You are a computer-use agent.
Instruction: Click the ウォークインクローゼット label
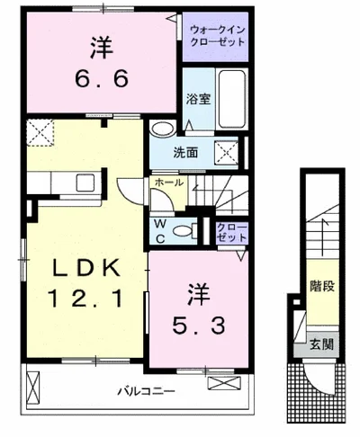click(x=218, y=36)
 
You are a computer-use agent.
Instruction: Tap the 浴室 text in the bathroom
click(x=199, y=99)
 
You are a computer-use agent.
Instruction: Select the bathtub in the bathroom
click(x=232, y=99)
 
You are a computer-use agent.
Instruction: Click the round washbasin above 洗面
click(x=163, y=129)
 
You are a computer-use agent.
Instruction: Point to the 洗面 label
click(x=185, y=153)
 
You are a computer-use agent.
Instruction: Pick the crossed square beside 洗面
click(x=226, y=153)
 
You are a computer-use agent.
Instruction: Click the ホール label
click(x=169, y=183)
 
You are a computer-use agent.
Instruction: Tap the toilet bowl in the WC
click(x=184, y=231)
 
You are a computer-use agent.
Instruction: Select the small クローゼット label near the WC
click(x=232, y=232)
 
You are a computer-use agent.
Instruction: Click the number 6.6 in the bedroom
click(x=102, y=78)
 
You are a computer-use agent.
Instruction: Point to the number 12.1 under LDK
click(x=85, y=299)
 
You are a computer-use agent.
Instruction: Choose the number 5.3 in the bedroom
click(x=199, y=326)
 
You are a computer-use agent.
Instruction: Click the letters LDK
click(x=86, y=267)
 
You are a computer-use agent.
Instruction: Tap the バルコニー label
click(x=146, y=391)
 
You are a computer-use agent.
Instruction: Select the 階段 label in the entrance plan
click(x=322, y=286)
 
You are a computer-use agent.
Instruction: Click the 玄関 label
click(x=321, y=344)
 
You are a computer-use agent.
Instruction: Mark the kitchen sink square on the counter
click(x=85, y=183)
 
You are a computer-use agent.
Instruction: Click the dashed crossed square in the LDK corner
click(x=40, y=133)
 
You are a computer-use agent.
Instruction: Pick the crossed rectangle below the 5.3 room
click(x=224, y=383)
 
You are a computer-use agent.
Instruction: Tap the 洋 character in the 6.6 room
click(x=102, y=48)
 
